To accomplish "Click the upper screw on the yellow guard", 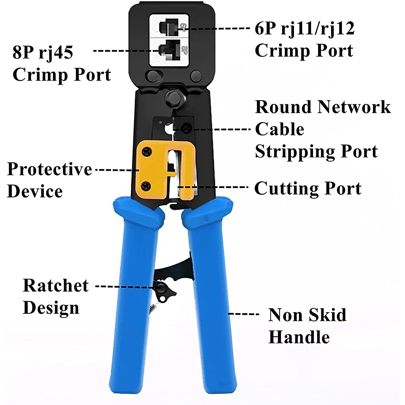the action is [146, 152].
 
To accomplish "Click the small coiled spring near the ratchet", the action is [153, 308].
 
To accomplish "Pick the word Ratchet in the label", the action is [56, 286].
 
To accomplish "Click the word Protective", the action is [50, 169].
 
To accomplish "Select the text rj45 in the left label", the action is [56, 52].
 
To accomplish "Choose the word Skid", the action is [327, 315].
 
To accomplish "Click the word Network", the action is [354, 107].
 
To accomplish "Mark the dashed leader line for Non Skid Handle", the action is [243, 314].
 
